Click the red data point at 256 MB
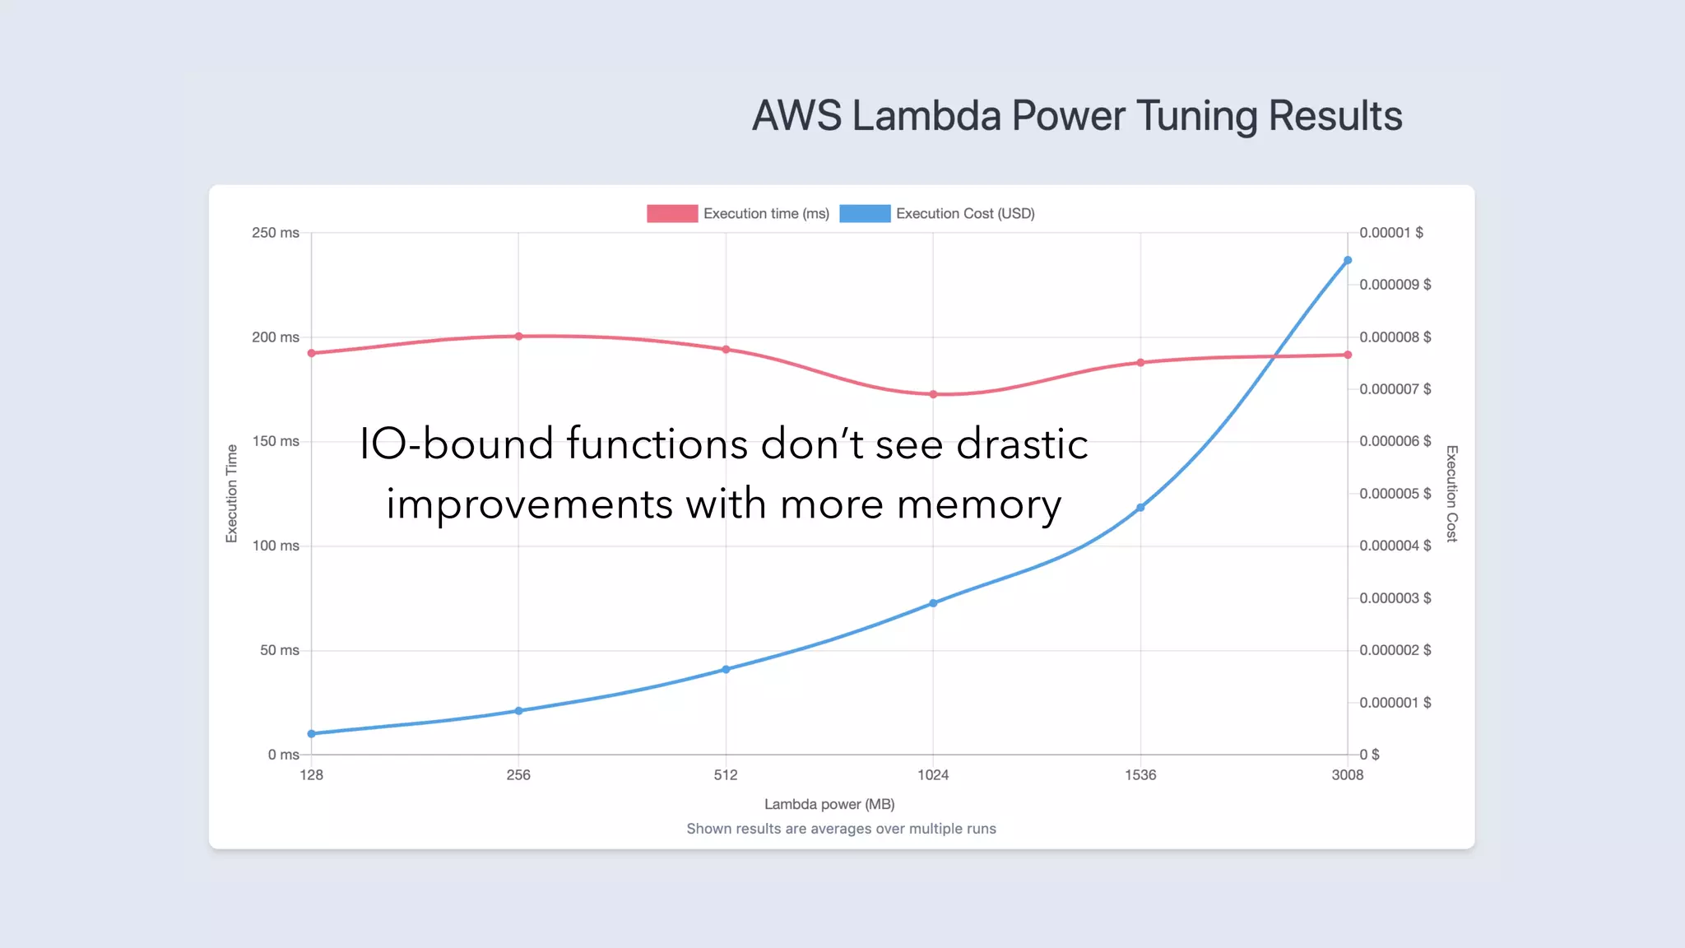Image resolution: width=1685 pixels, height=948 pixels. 518,337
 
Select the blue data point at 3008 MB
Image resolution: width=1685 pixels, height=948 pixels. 1348,260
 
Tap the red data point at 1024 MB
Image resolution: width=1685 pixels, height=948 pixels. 933,394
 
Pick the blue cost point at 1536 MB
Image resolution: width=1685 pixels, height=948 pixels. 1140,508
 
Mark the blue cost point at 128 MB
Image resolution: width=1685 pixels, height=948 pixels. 312,733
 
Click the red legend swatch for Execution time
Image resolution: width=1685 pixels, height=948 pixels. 672,214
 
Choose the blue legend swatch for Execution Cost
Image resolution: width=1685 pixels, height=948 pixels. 865,214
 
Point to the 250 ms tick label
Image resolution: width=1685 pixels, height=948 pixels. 276,233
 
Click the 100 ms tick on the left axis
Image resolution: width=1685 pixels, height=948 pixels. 276,546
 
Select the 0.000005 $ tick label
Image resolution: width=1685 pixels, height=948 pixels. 1395,494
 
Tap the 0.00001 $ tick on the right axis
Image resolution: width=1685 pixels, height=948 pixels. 1390,233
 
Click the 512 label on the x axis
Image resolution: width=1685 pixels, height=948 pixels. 726,775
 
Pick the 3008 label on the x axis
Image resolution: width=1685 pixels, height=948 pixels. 1348,775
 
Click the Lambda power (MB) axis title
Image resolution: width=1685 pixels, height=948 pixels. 829,804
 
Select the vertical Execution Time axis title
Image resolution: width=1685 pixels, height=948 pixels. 232,493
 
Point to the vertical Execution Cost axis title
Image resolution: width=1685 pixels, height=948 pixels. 1452,493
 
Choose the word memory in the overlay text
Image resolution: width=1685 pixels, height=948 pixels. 979,504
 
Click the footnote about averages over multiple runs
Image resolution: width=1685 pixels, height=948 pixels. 841,829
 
